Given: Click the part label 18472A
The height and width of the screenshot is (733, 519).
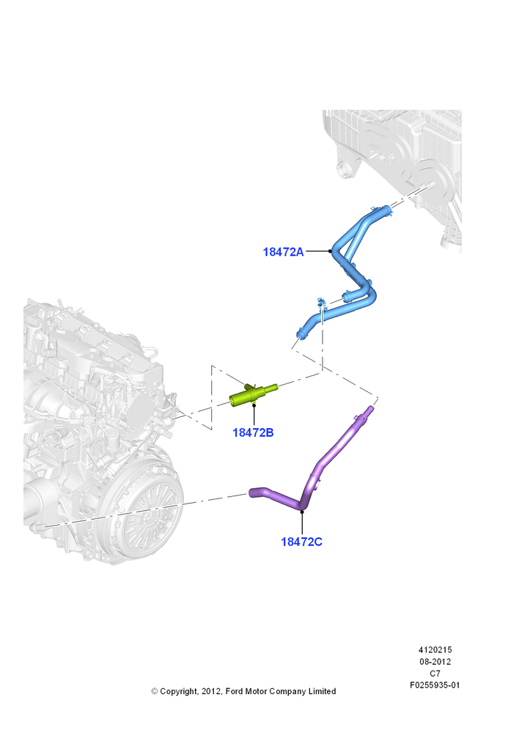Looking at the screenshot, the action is tap(283, 252).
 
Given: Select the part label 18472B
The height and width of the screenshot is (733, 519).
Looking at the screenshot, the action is tap(253, 433).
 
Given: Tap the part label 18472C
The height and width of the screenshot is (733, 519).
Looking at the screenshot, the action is tap(301, 542).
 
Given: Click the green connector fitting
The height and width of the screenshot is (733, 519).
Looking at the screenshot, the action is tap(253, 394).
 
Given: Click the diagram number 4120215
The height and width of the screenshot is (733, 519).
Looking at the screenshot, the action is tap(435, 649).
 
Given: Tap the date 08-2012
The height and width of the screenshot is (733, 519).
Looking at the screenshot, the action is tap(435, 661).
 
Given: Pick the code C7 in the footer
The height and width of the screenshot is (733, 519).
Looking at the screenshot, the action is tap(435, 674).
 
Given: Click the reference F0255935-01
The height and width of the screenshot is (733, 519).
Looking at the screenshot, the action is tap(435, 685).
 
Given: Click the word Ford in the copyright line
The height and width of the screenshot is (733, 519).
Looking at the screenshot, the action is tap(235, 691).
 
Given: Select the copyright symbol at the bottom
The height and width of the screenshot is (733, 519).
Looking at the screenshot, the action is tap(154, 691).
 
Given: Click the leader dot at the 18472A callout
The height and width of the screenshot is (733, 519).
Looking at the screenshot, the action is tap(330, 251).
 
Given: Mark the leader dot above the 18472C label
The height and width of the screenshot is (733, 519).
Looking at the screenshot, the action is tap(302, 512).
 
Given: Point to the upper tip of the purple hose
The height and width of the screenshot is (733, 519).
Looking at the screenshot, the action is tap(372, 408).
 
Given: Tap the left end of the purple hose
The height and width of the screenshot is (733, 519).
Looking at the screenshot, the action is tap(251, 493).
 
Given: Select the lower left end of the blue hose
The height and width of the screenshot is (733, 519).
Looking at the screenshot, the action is tap(299, 335).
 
